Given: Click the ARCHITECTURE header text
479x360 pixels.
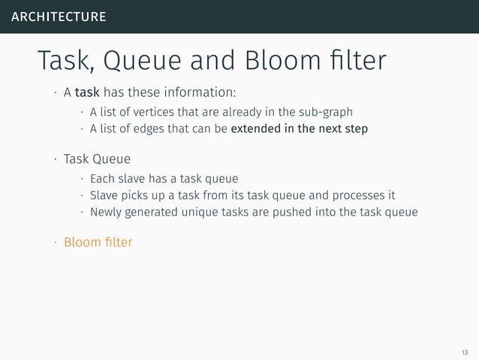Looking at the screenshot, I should coord(58,17).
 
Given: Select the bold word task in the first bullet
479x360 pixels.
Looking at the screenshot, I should coord(87,93).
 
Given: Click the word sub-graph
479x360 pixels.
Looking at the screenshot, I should coord(324,113).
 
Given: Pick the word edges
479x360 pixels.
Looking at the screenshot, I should coord(147,129).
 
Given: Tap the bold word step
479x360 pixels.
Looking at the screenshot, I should coord(354,130).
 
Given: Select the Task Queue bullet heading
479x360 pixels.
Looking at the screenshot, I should coord(97,159).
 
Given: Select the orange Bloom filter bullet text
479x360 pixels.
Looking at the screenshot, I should coord(98,242).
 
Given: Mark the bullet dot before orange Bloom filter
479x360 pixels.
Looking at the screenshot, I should coord(55,243).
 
